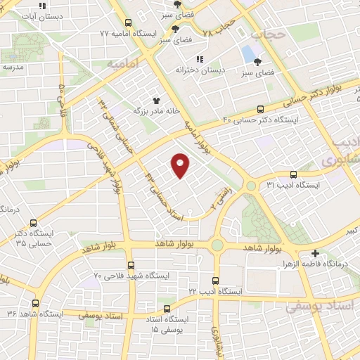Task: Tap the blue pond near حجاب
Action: point(248,53)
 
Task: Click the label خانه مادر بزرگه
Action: point(158,111)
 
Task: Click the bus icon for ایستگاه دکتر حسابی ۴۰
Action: point(262,108)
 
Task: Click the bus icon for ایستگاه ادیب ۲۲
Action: point(215,280)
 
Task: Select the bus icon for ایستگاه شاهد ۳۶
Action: point(35,304)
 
